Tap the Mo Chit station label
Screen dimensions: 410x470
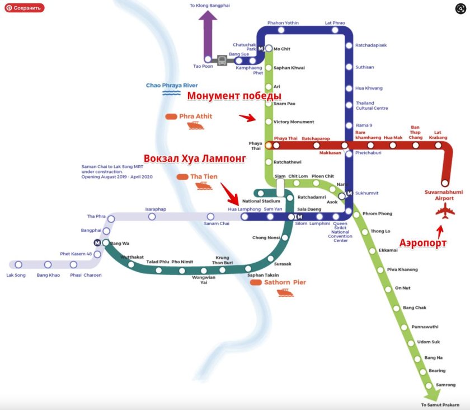281,49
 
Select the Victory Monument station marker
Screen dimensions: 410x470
269,122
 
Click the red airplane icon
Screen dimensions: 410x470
445,212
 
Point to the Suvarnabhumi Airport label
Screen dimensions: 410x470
444,194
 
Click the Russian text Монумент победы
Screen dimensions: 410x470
234,96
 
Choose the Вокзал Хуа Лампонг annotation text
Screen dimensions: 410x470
195,159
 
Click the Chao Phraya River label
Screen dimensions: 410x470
172,85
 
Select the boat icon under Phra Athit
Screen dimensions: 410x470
196,126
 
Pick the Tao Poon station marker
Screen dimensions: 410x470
208,59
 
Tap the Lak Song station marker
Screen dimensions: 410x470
18,264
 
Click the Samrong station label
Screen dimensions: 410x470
445,385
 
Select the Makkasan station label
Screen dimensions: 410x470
330,153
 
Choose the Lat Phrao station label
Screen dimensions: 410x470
335,23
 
